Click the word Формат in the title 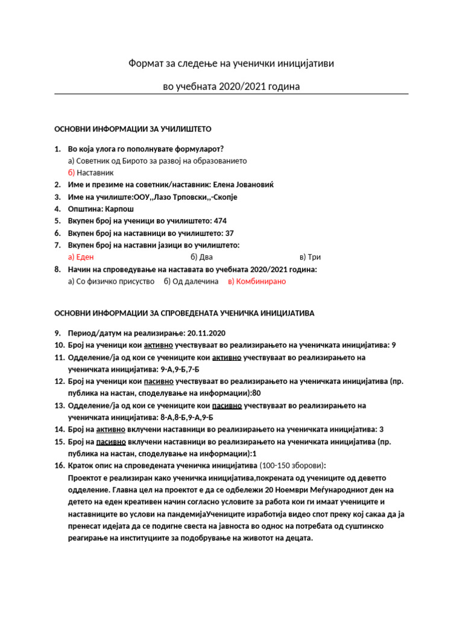[145, 63]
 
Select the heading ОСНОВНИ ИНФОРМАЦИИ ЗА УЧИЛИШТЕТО [133, 129]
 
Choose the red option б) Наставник [90, 173]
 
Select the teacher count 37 [228, 233]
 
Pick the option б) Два [186, 257]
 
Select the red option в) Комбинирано [257, 281]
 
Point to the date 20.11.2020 [207, 333]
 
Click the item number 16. [59, 465]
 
